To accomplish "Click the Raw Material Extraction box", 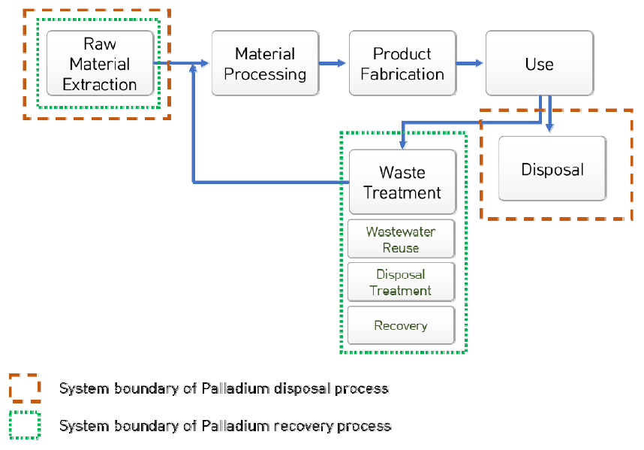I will point(100,63).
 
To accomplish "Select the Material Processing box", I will point(265,63).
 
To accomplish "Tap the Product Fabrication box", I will point(402,63).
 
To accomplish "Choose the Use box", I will point(539,63).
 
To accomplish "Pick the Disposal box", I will point(552,168).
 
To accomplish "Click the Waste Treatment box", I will point(402,182).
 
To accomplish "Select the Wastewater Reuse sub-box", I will point(402,239).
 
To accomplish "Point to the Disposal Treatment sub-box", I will point(402,282).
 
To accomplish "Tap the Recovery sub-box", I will point(402,325).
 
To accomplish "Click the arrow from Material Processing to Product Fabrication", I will point(333,63).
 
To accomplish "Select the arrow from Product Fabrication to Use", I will point(470,63).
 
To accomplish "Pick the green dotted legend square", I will point(25,425).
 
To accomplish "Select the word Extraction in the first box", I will point(100,84).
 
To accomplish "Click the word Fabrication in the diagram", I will point(402,74).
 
